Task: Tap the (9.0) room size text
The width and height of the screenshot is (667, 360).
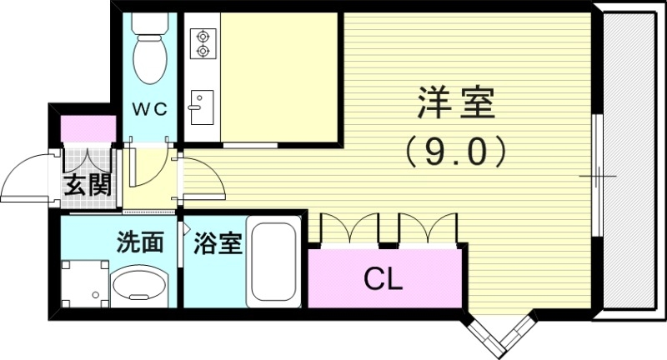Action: coord(455,151)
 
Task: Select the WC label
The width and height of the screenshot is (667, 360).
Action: coord(152,108)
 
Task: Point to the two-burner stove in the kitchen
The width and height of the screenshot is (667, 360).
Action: coord(201,43)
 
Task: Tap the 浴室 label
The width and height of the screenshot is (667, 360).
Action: coord(218,243)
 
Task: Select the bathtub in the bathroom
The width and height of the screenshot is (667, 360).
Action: coord(273,262)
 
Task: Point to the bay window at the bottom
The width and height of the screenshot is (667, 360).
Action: coord(500,335)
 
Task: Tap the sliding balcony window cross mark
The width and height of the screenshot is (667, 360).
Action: coord(599,177)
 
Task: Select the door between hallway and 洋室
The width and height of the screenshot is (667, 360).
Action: coord(203,177)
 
